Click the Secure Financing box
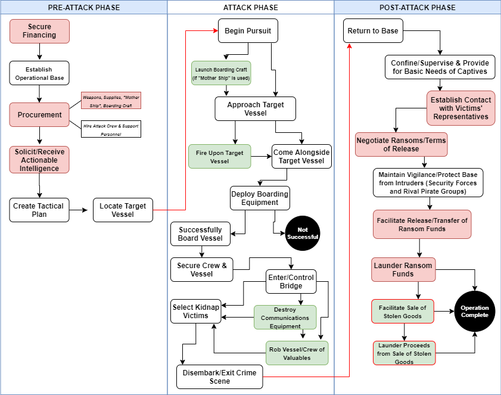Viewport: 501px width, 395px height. click(x=39, y=31)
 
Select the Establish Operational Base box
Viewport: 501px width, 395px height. click(x=39, y=73)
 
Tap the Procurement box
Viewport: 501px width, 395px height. click(x=39, y=115)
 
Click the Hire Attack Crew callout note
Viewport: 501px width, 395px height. click(x=111, y=129)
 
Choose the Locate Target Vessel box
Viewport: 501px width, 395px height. click(x=123, y=210)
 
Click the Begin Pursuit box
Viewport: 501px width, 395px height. click(x=248, y=30)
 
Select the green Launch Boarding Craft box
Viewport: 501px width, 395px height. click(x=221, y=73)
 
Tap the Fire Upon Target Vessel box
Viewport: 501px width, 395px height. click(x=219, y=157)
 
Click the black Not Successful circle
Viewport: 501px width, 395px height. click(x=303, y=234)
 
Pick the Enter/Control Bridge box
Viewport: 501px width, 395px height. click(x=291, y=282)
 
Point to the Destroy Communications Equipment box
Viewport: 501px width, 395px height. click(x=285, y=318)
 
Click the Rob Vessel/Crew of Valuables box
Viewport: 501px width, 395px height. click(x=297, y=353)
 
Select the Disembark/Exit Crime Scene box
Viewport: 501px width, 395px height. click(x=219, y=377)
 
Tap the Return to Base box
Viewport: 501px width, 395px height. click(x=373, y=30)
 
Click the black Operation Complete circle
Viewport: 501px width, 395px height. click(x=474, y=311)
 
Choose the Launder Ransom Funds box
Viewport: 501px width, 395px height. click(x=403, y=270)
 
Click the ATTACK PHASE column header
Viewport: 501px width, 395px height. click(x=250, y=7)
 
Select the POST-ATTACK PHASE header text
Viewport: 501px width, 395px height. click(x=417, y=7)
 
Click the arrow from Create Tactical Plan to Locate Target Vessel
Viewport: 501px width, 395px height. click(x=78, y=210)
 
